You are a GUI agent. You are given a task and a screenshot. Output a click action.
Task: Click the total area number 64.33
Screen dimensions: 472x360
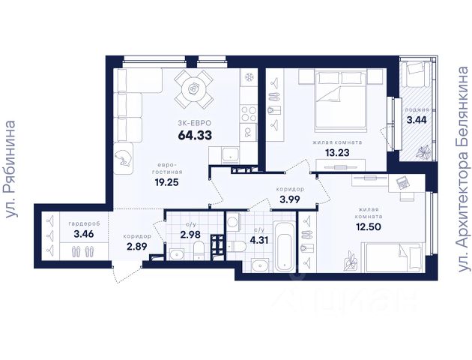click(195, 135)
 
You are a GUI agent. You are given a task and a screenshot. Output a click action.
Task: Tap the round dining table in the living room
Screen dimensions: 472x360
click(194, 89)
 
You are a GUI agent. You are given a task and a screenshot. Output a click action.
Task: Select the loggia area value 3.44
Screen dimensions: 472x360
click(417, 120)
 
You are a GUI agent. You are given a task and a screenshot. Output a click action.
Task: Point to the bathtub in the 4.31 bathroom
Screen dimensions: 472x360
click(285, 245)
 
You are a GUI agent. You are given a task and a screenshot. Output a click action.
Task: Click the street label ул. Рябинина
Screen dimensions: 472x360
click(10, 169)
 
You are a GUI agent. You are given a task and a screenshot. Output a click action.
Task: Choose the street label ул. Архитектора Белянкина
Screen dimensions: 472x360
click(463, 169)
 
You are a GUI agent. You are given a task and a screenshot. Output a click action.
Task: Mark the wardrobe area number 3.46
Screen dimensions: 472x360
click(84, 233)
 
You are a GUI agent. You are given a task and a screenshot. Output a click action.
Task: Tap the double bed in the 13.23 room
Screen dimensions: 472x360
click(340, 101)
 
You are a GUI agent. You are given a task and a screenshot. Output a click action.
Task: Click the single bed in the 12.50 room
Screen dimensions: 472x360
click(393, 257)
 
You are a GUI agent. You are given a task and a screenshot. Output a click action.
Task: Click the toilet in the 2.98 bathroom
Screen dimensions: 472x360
click(199, 252)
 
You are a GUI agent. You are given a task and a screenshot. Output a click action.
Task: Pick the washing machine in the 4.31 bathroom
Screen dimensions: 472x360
click(233, 222)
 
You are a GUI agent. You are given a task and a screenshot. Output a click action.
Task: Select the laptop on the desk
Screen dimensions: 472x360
click(402, 183)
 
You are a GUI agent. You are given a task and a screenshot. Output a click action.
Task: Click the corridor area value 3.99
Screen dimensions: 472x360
click(290, 199)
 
